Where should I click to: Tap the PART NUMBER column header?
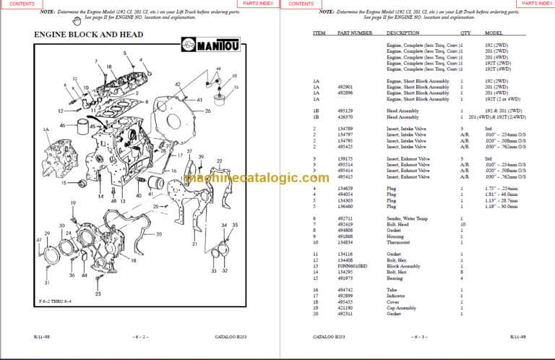coord(354,33)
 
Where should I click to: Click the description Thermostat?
coord(400,244)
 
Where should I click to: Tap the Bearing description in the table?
coord(397,278)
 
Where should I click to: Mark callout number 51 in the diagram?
coord(236,86)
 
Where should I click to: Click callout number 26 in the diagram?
coord(207,111)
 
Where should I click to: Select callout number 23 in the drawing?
coord(98,294)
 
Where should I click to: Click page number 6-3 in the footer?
coord(418,337)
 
